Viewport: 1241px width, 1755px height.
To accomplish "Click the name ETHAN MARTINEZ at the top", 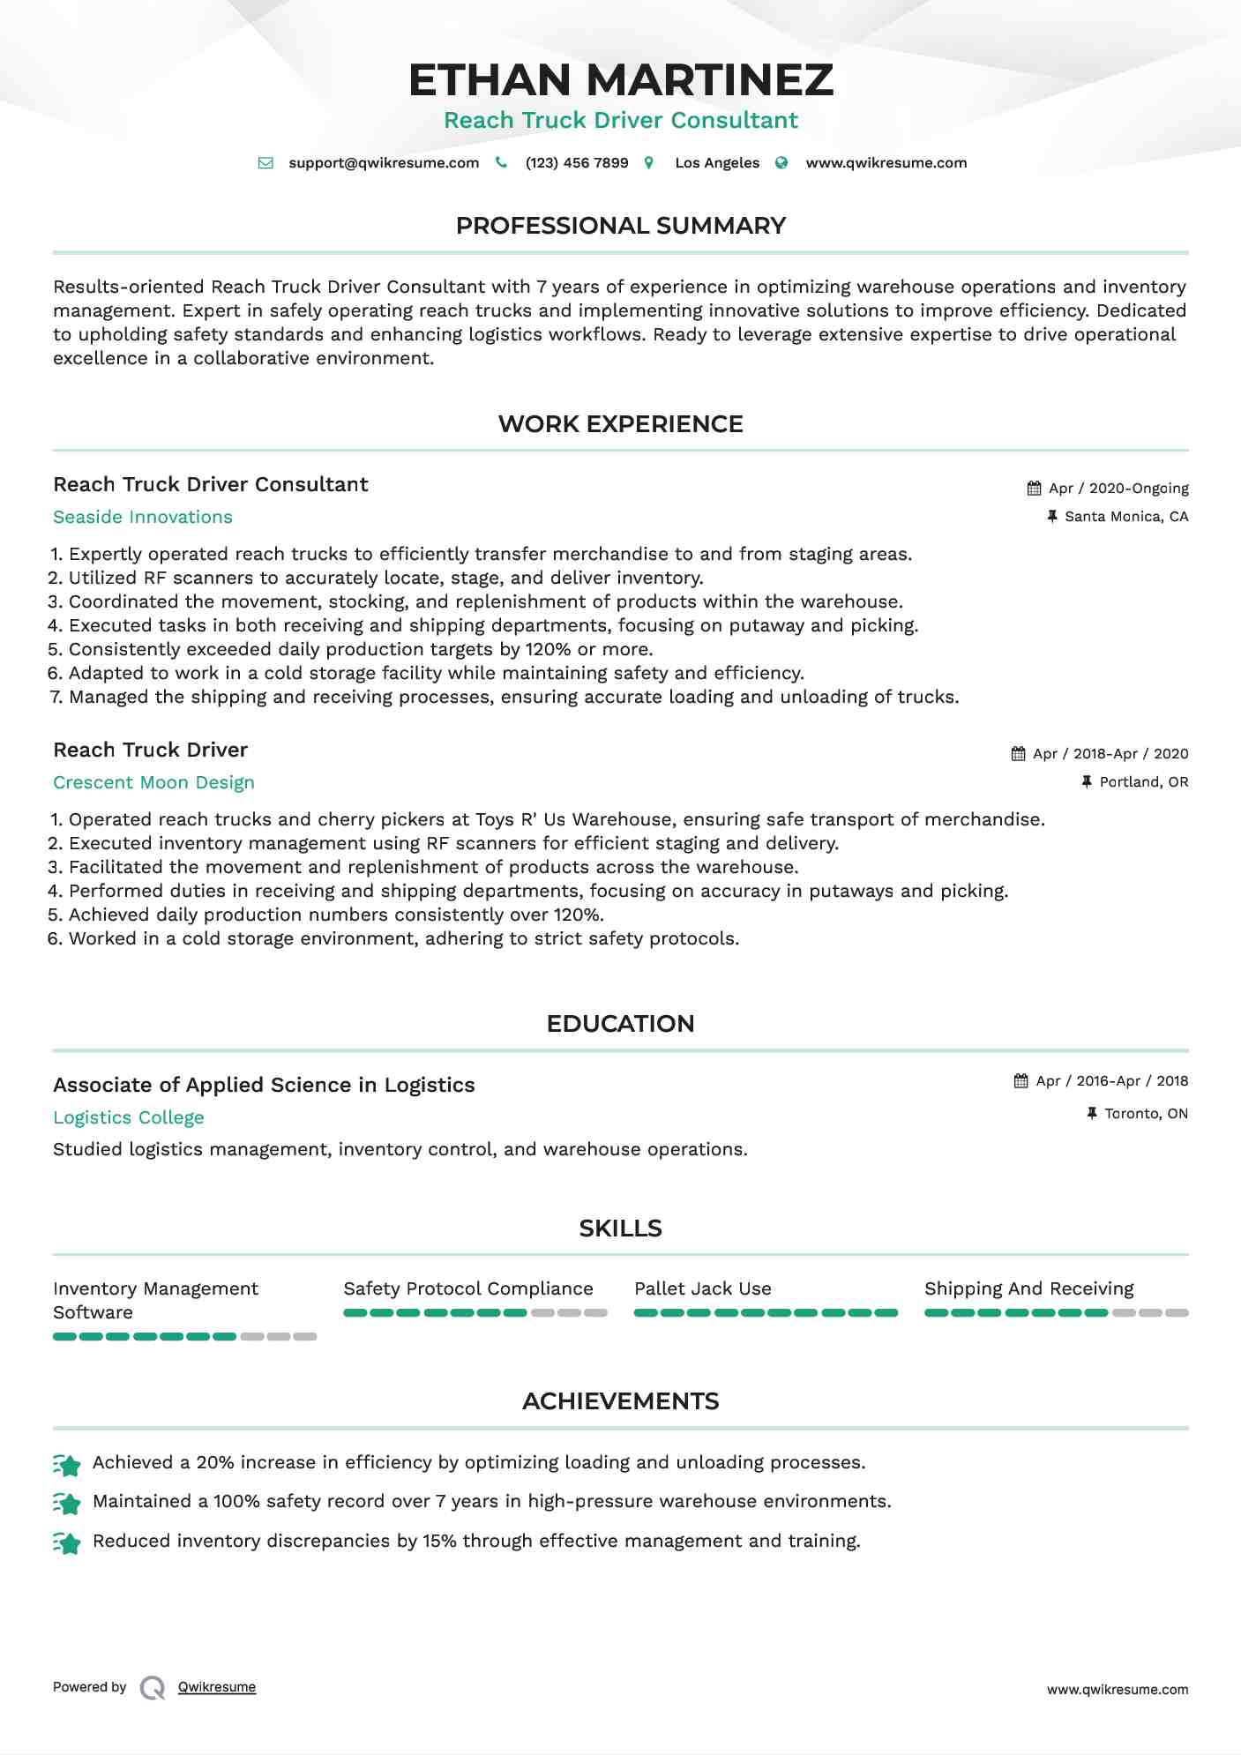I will point(620,79).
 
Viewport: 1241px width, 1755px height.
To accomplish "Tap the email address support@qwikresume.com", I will point(384,163).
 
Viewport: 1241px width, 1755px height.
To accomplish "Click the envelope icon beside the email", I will point(265,163).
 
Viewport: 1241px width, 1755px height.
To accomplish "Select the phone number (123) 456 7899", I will point(577,163).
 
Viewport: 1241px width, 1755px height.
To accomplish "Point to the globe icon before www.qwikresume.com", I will point(781,163).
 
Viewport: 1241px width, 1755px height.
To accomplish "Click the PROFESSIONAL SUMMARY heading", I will point(620,226).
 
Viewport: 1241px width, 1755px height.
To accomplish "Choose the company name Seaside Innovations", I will point(143,518).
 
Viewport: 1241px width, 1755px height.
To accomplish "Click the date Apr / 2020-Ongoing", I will point(1118,489).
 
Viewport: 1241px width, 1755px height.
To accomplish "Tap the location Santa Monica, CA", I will point(1126,517).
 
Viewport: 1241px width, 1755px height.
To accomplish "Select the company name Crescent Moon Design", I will point(153,783).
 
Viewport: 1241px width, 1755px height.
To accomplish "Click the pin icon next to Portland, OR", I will point(1087,782).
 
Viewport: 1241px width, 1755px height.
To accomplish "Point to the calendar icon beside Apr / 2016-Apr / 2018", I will point(1021,1081).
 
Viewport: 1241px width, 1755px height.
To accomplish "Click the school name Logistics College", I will point(129,1118).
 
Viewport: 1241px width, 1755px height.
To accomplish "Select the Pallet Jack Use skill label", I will point(703,1289).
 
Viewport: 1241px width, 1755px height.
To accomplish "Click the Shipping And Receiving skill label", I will point(1028,1289).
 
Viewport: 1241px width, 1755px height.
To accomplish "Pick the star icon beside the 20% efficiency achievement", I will point(67,1465).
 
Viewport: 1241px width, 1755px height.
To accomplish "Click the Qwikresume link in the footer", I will point(217,1687).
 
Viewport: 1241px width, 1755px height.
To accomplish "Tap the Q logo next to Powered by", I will point(153,1688).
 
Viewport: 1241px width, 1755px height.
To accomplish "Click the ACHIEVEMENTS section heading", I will point(620,1401).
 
